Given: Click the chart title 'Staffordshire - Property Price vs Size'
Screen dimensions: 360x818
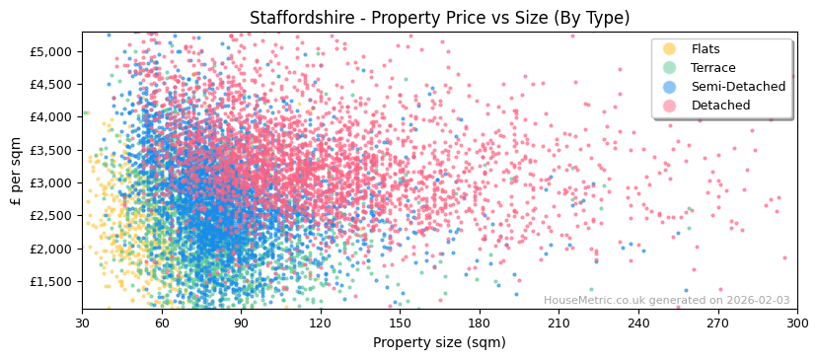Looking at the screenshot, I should pos(439,18).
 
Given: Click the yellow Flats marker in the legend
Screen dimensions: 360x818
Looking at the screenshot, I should pos(669,49).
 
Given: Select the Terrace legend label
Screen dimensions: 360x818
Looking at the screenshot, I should pos(713,68).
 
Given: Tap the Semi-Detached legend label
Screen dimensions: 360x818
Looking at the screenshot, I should pos(738,87).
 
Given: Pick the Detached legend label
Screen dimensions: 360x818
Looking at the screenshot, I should pos(720,106).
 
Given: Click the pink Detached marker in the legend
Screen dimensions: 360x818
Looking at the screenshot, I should pos(669,106).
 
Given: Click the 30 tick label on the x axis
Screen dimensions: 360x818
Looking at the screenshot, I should pos(82,324).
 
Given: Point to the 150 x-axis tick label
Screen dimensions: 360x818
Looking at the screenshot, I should pos(400,324).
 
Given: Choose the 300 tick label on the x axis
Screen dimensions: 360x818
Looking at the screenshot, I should pos(796,324).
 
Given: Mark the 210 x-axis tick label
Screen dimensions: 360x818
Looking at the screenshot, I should pos(558,324).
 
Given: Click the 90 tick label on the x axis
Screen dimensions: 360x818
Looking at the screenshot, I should pos(241,324).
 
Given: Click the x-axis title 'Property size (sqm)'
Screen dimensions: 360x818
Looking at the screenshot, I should pos(439,342).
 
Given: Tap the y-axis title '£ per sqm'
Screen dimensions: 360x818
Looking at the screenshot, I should pos(16,171).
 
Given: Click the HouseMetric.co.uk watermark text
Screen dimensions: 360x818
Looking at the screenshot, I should pos(666,301).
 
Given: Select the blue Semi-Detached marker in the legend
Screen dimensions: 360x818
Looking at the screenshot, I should pos(669,87).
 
